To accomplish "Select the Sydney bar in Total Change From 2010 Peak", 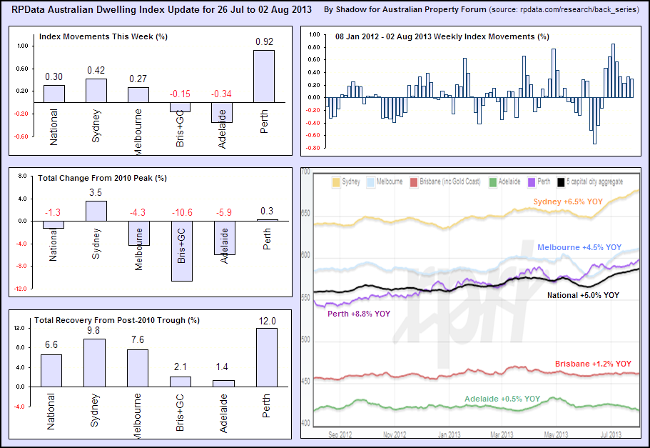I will [96, 211].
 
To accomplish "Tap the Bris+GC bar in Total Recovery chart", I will [180, 382].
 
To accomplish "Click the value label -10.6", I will [181, 211].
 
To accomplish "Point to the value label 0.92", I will [264, 42].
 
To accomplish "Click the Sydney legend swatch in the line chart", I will [335, 183].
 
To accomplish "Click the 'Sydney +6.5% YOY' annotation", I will [568, 202].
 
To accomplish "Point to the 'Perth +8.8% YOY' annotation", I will [359, 314].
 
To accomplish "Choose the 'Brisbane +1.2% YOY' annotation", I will [593, 364].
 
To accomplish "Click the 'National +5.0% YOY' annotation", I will [583, 294].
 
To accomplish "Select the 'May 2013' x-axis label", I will [557, 434].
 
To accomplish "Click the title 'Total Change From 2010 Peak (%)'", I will [101, 178].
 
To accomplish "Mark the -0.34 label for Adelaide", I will [222, 94].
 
